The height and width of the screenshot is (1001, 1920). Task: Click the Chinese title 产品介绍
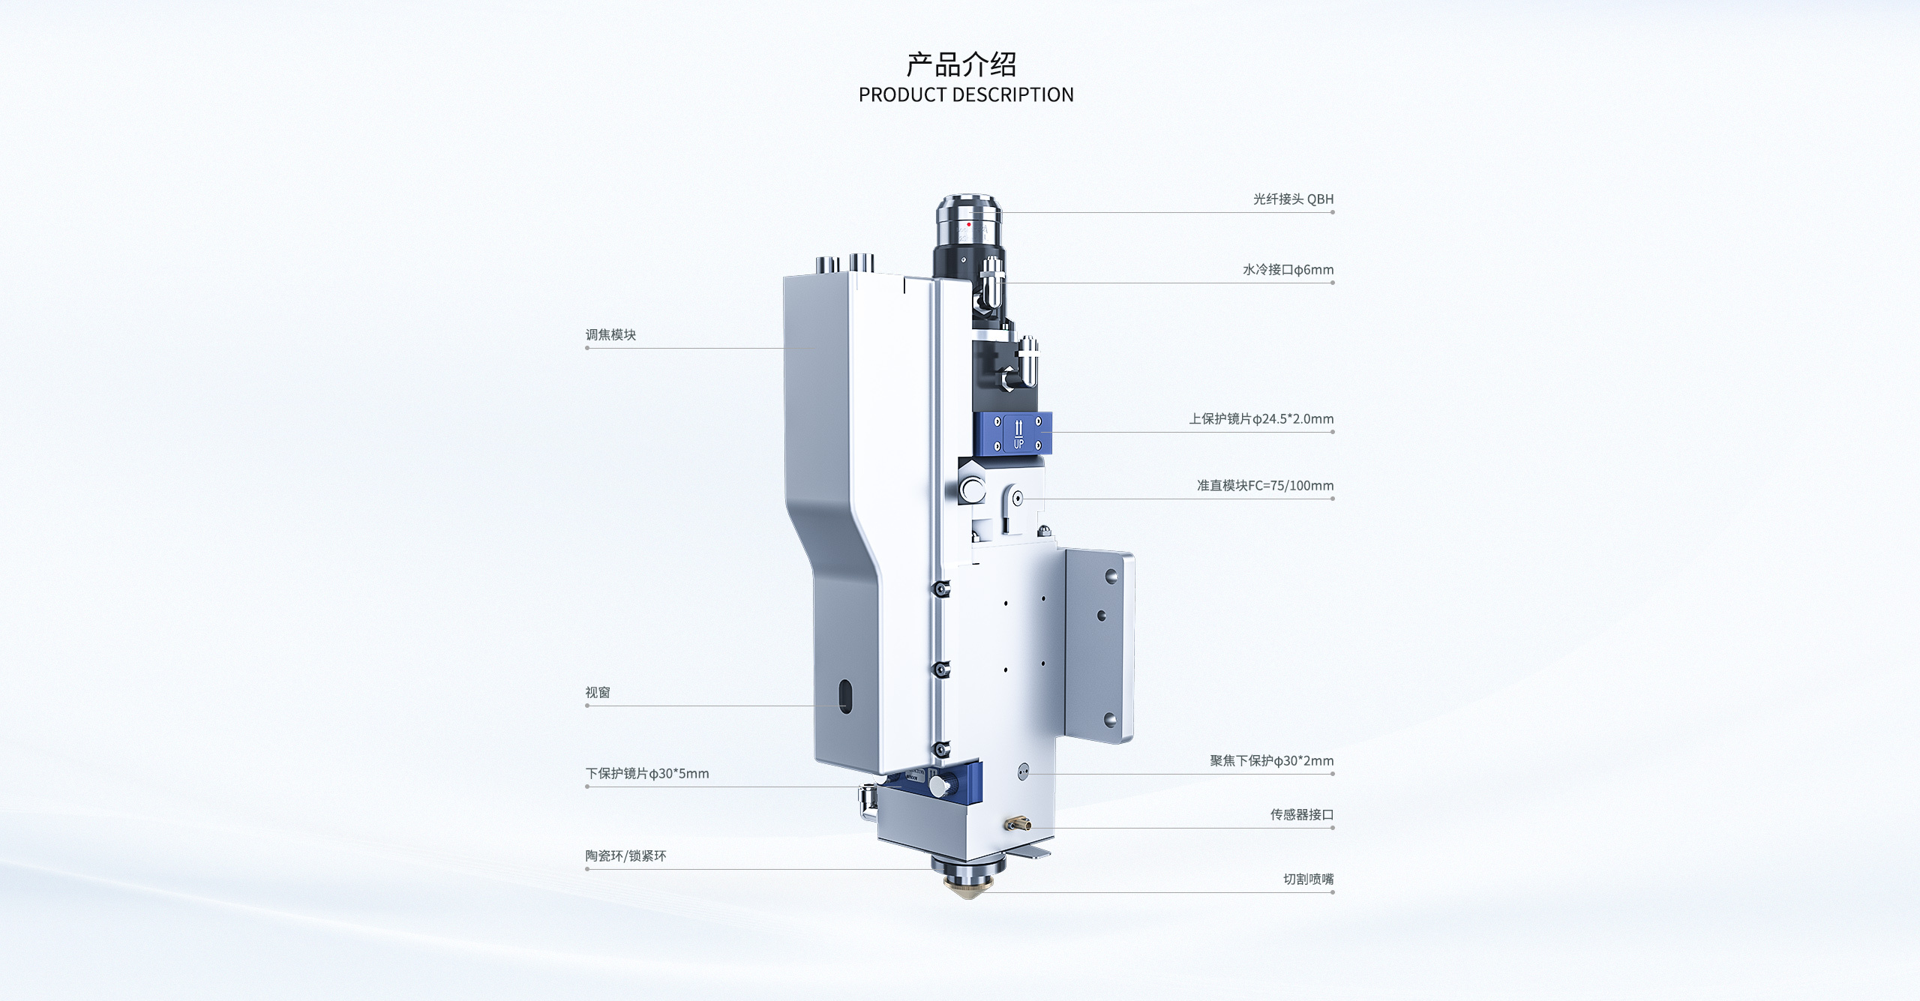[x=961, y=64]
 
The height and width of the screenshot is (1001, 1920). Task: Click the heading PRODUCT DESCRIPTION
[x=966, y=95]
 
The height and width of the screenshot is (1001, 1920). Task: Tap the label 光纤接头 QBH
[x=1293, y=199]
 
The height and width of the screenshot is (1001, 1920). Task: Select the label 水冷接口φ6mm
[x=1288, y=269]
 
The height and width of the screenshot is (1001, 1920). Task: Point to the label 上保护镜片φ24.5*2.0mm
[x=1261, y=418]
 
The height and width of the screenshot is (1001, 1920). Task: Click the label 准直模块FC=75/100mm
[x=1264, y=485]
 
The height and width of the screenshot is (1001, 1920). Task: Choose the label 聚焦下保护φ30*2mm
[x=1271, y=760]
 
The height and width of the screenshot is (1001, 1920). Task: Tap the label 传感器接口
[x=1301, y=814]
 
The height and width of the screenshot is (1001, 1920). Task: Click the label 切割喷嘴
[x=1308, y=879]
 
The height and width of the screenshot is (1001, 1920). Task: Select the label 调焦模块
[x=610, y=334]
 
